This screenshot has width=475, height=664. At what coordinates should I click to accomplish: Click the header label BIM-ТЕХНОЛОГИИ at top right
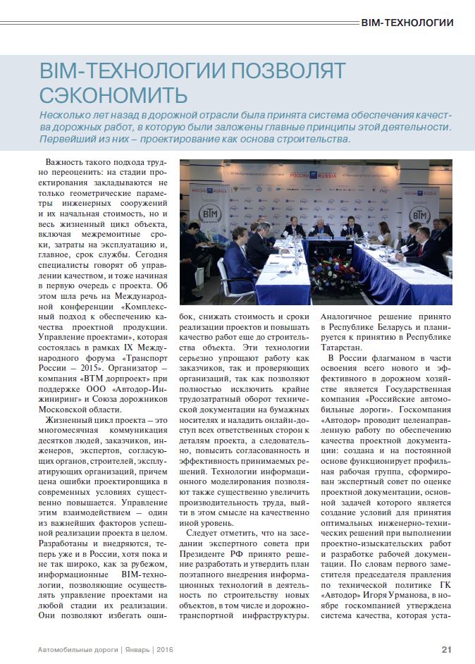[x=407, y=23]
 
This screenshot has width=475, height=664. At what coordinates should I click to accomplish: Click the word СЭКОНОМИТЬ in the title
[x=113, y=94]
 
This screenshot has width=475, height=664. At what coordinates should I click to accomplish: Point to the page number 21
[x=447, y=649]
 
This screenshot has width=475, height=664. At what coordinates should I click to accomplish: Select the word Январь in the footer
[x=134, y=649]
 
